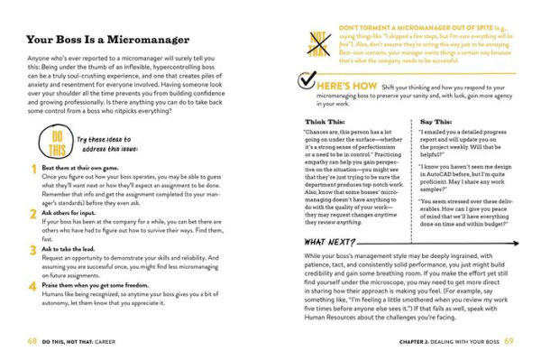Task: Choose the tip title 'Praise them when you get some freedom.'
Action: point(105,282)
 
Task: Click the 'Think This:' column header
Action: point(325,119)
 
